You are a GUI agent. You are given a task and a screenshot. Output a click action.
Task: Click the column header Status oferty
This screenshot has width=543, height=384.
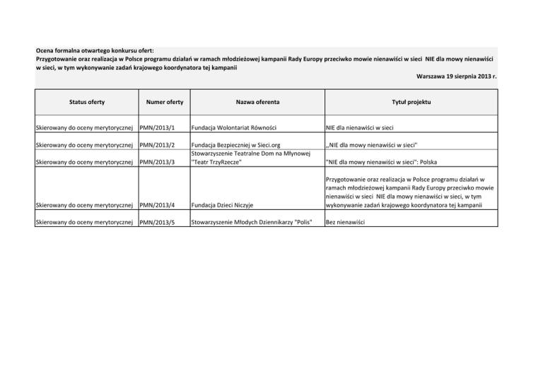click(87, 103)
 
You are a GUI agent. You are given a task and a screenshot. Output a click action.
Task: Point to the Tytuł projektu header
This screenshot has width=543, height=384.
click(410, 103)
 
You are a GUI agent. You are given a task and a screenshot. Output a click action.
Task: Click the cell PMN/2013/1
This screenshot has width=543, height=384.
click(157, 129)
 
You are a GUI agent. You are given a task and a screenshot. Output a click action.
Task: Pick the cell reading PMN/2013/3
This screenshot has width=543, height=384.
click(157, 162)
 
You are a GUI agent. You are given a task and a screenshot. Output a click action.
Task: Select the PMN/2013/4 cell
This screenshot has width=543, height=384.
click(157, 206)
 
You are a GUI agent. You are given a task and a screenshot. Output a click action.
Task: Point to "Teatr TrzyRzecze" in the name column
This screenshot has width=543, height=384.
click(216, 162)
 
